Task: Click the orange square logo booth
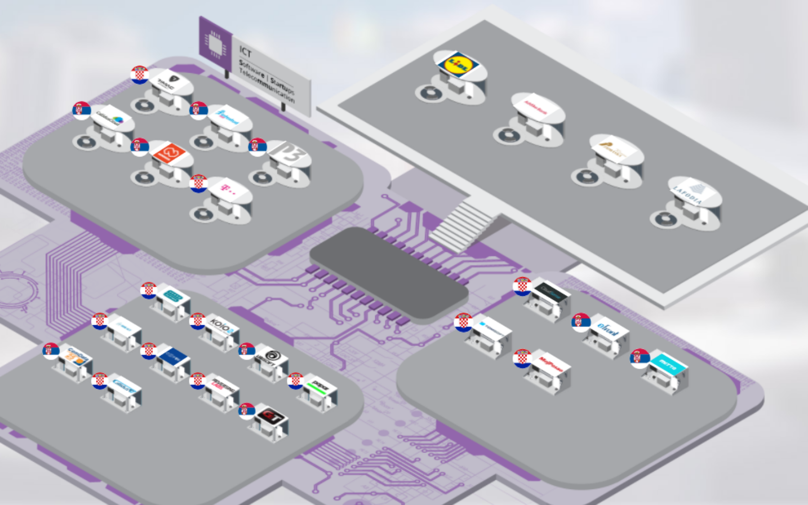167,153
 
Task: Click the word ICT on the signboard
245,52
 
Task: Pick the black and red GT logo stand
271,417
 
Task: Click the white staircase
462,225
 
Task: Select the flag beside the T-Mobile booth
198,183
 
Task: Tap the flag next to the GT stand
246,411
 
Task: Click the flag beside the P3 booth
258,146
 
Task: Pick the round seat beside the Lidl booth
430,92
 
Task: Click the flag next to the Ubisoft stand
246,350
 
